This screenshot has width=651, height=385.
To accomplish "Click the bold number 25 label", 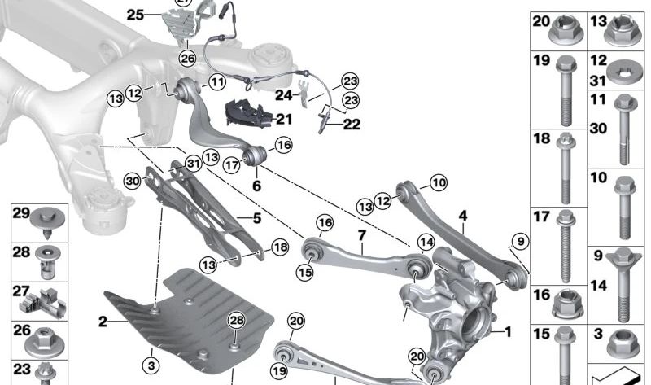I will (x=134, y=15).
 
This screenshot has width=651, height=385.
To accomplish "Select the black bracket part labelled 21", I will (x=248, y=112).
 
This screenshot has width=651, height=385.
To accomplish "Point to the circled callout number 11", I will (x=216, y=81).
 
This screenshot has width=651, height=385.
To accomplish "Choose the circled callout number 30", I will (x=133, y=180).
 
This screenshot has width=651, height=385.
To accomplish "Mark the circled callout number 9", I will (x=517, y=240).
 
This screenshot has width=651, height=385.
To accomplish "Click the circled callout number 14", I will (x=426, y=241).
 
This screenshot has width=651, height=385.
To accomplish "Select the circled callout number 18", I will (x=279, y=247).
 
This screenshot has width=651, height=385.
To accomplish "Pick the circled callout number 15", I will (x=305, y=273).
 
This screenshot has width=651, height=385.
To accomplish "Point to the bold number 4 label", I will (x=463, y=216).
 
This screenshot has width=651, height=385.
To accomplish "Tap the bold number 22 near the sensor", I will (x=352, y=124).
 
